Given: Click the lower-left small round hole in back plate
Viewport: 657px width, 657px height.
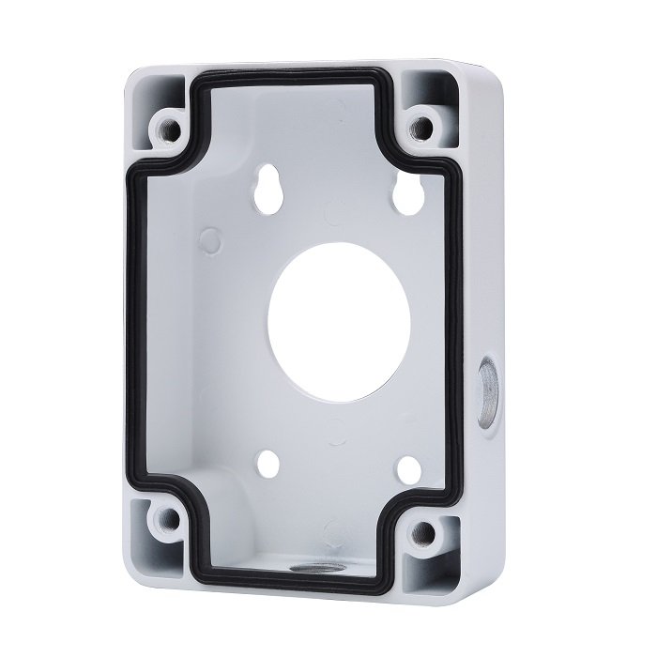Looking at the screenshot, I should (267, 462).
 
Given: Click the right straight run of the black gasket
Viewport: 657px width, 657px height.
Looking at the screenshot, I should (462, 328).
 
